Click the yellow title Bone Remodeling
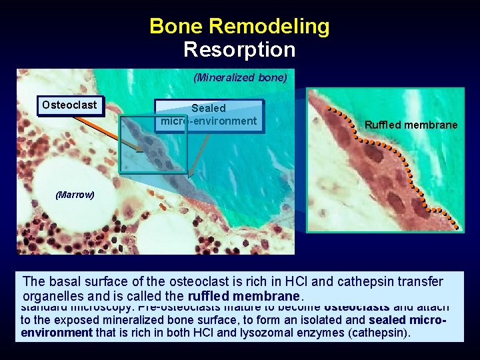pyautogui.click(x=239, y=26)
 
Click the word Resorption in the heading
pyautogui.click(x=239, y=50)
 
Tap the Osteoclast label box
pyautogui.click(x=69, y=105)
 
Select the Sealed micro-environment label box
pyautogui.click(x=209, y=114)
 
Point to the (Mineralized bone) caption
pyautogui.click(x=240, y=78)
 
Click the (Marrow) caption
pyautogui.click(x=75, y=195)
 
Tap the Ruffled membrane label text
pyautogui.click(x=411, y=125)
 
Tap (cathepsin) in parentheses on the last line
pyautogui.click(x=378, y=332)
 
